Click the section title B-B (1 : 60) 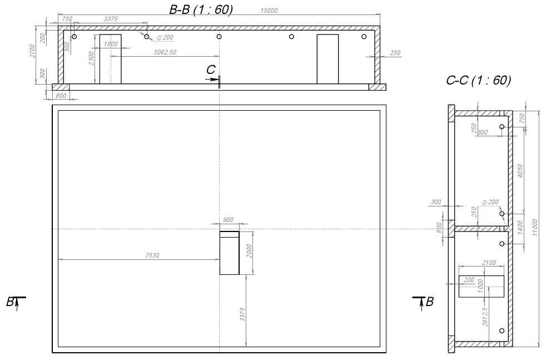201,9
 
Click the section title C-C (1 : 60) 478,80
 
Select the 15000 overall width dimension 269,11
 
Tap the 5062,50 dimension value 165,52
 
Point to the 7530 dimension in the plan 152,255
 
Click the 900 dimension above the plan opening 228,220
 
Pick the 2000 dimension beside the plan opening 249,251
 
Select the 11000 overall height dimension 535,228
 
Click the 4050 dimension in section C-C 520,171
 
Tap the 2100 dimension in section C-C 489,263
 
